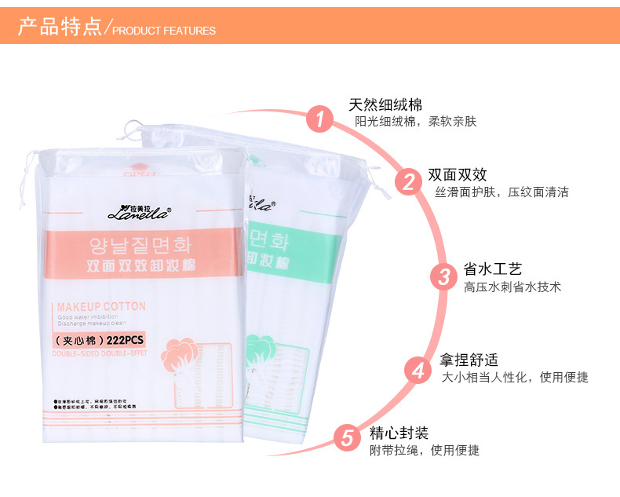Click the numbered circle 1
(x=319, y=119)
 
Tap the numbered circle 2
(x=408, y=182)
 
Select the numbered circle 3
(x=443, y=276)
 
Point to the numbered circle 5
(x=346, y=437)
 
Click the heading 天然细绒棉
(x=385, y=104)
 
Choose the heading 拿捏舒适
(x=469, y=360)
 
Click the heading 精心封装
(x=399, y=433)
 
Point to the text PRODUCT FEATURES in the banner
(x=164, y=31)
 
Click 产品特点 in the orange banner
(x=60, y=27)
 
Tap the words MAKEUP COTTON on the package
(x=101, y=306)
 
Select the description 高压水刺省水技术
(x=512, y=287)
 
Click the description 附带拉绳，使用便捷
(x=424, y=451)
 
